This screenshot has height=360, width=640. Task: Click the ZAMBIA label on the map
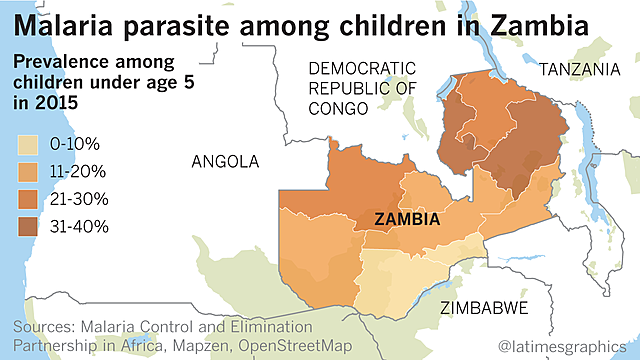tap(408, 218)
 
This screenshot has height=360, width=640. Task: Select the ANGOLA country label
tap(224, 161)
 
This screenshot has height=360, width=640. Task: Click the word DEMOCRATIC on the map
tap(361, 69)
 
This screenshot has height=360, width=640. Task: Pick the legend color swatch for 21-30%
tap(30, 199)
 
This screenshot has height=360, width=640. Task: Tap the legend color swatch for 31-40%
tap(30, 225)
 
